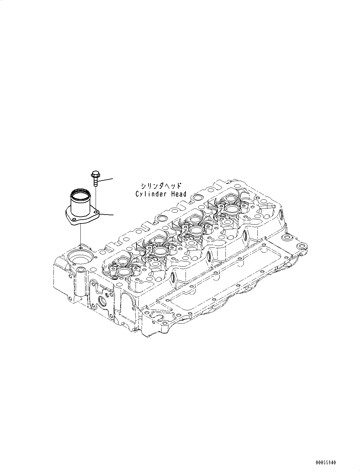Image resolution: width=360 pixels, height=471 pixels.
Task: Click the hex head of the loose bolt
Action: (x=95, y=174)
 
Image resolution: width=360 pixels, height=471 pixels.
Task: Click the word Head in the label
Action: (x=179, y=194)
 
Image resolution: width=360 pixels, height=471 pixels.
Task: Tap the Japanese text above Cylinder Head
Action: (x=161, y=186)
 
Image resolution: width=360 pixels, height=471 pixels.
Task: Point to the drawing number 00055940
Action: (x=325, y=463)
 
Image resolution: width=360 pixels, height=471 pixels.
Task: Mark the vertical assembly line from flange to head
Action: (x=80, y=235)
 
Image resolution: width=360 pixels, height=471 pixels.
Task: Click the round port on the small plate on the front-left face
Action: (x=103, y=301)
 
